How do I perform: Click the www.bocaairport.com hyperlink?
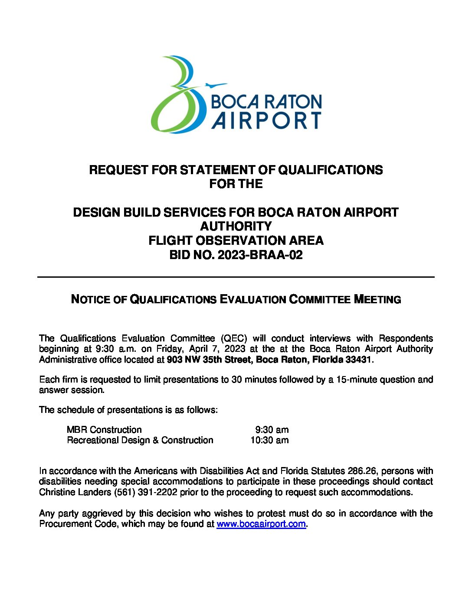[x=261, y=524]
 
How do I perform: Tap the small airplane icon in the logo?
[x=215, y=85]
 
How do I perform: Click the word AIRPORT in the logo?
[x=266, y=120]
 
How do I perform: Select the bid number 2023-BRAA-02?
[x=260, y=255]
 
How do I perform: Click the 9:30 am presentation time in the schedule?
[x=272, y=430]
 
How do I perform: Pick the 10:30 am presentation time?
[x=269, y=440]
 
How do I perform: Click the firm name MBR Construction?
[x=104, y=430]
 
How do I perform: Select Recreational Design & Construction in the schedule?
[x=140, y=440]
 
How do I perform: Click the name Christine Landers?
[x=75, y=492]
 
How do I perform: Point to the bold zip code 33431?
[x=358, y=360]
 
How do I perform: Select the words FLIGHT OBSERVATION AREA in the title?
[x=236, y=240]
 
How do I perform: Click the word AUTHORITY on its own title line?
[x=236, y=226]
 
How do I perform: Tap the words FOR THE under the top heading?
[x=236, y=184]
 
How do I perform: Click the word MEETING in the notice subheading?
[x=377, y=299]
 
